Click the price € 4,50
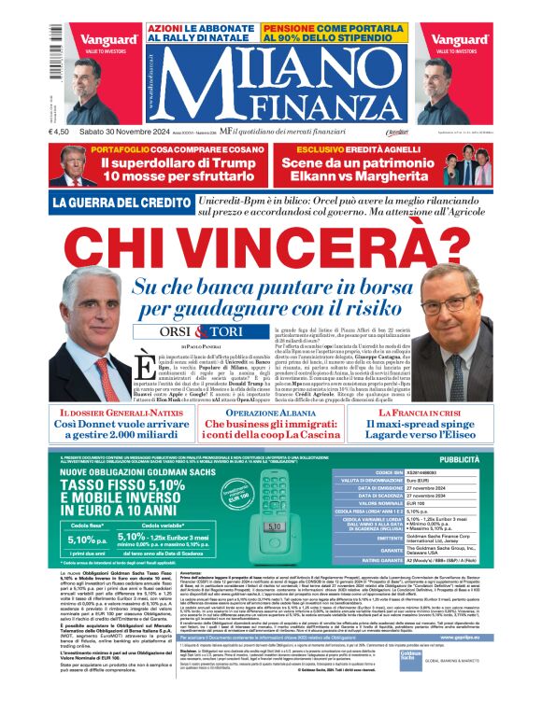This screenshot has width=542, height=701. tap(62, 144)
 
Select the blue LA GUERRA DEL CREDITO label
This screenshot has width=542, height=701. tap(113, 203)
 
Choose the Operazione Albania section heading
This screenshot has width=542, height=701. tap(271, 386)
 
